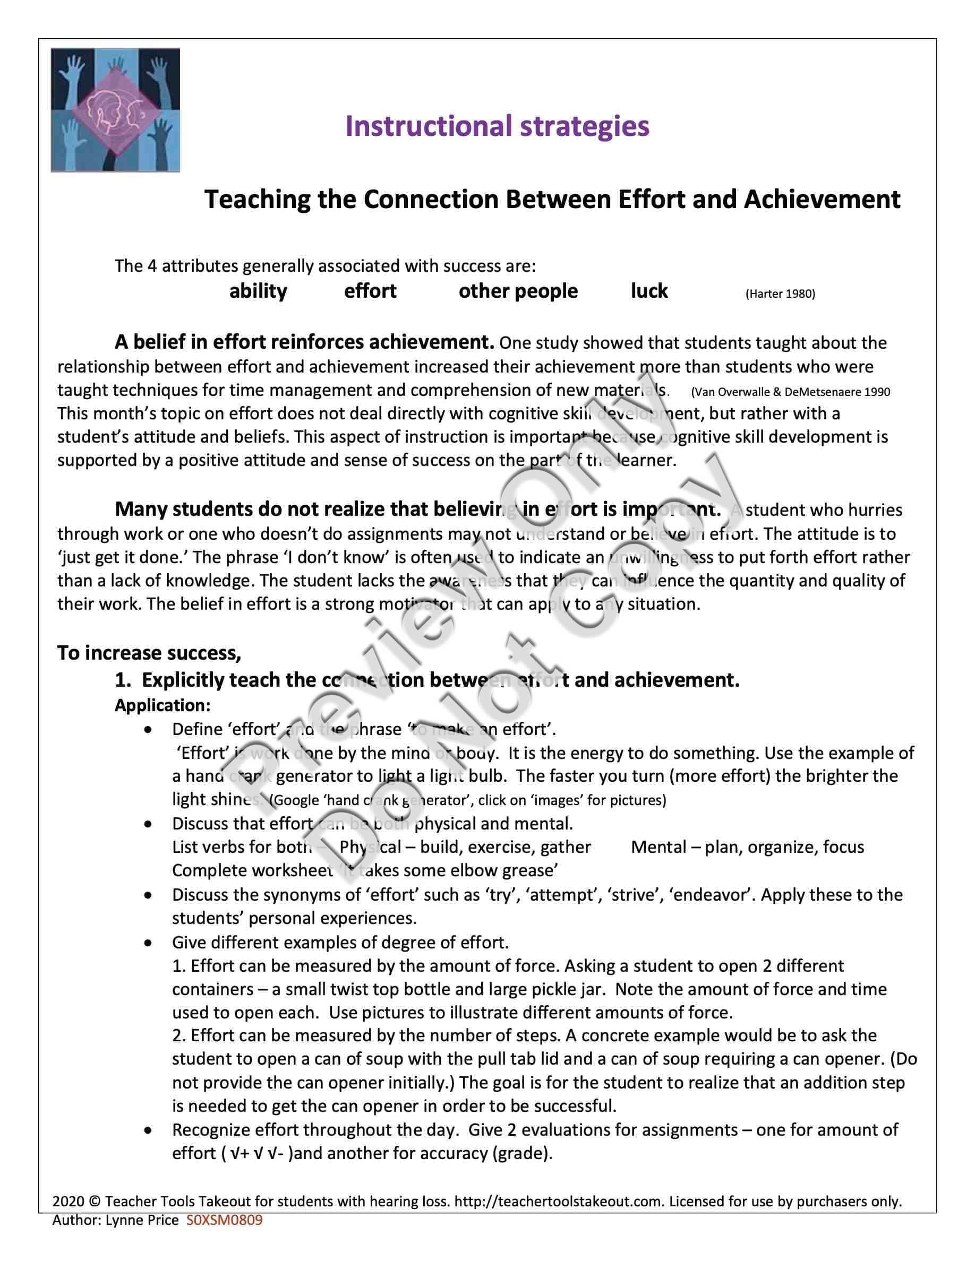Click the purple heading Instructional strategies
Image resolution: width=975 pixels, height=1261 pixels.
click(497, 126)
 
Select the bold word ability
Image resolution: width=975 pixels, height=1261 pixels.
click(258, 291)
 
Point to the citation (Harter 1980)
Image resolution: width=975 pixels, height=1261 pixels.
click(780, 294)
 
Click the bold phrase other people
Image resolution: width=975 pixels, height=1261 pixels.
click(518, 291)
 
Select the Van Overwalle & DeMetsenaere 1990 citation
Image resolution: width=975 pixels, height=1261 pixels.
click(790, 392)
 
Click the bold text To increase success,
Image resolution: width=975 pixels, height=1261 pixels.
click(149, 653)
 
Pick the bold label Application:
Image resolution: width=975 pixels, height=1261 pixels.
click(162, 705)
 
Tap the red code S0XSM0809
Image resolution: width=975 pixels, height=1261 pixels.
click(224, 1220)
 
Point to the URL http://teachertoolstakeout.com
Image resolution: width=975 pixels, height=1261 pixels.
click(558, 1202)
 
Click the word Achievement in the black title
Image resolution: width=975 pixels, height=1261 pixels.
click(822, 200)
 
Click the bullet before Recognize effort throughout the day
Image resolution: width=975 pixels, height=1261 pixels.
click(149, 1130)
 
